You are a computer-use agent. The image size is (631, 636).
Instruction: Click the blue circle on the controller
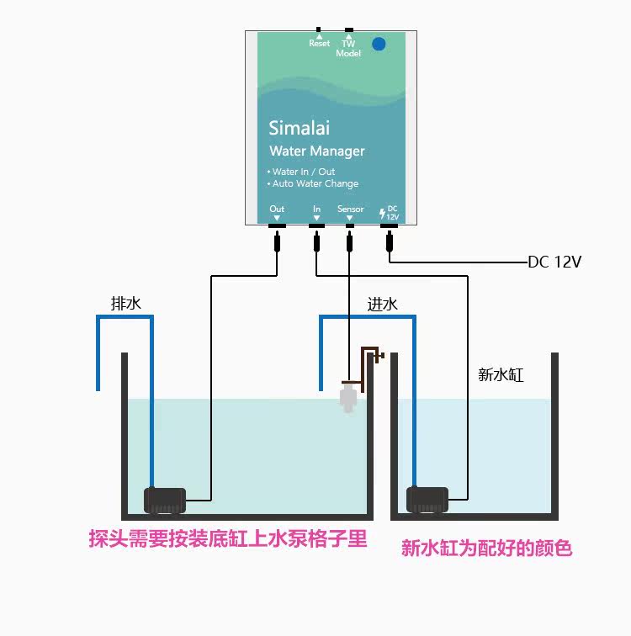(379, 44)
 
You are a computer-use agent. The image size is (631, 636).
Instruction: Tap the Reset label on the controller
(319, 43)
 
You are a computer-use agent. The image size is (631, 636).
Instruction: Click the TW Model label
(348, 48)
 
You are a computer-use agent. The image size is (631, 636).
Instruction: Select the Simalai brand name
(299, 128)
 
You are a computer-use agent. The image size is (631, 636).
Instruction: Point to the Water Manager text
(316, 151)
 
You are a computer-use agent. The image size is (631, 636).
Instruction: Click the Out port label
(277, 209)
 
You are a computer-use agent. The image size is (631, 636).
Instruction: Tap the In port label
(316, 209)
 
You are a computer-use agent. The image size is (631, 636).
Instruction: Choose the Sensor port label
(350, 209)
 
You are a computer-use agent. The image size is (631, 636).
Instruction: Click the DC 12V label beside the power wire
(554, 262)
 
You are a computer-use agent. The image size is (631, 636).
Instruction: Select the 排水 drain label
(126, 304)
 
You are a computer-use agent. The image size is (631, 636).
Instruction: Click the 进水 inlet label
(382, 304)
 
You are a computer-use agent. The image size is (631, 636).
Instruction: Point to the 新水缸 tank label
(501, 375)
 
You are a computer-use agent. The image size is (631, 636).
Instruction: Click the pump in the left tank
(164, 501)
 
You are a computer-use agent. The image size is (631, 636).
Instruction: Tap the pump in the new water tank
(427, 501)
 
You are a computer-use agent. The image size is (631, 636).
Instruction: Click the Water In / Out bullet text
(302, 172)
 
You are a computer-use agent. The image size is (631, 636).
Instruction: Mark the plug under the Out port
(277, 243)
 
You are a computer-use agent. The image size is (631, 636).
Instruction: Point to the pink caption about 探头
(228, 538)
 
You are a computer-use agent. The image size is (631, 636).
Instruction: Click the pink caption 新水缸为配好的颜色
(486, 549)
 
